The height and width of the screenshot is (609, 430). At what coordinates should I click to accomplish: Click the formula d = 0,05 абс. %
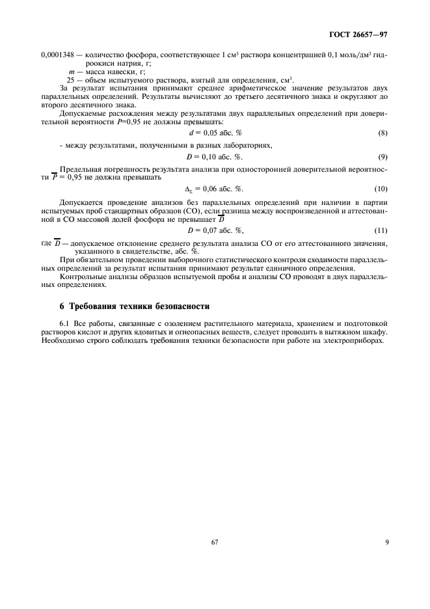click(x=215, y=133)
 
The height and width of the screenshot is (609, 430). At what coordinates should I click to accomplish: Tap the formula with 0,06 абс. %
click(x=215, y=189)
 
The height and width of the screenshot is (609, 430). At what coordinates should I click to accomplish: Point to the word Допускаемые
click(x=84, y=113)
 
